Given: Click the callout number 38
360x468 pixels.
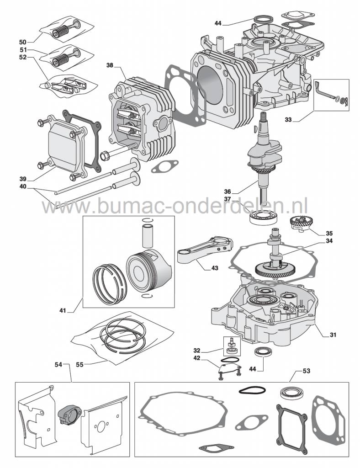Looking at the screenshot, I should [x=110, y=65].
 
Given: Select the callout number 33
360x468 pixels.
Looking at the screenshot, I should [x=300, y=120].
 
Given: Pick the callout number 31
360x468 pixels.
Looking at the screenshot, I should [x=334, y=335].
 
